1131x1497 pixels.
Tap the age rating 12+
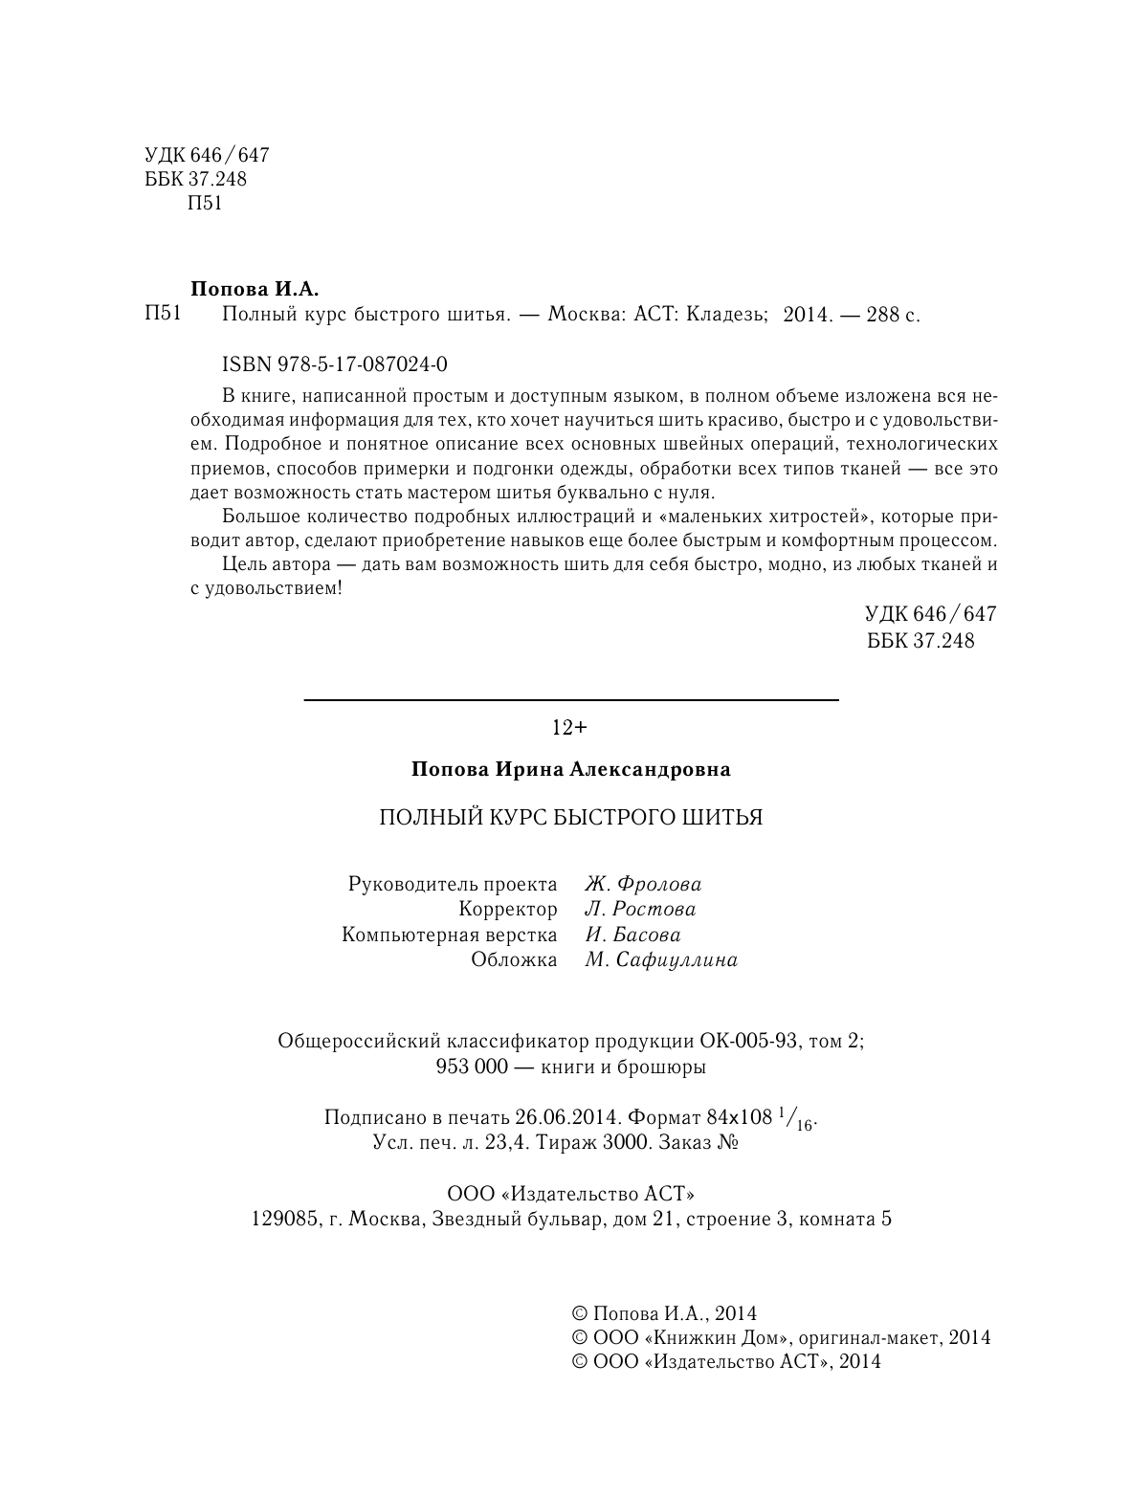tap(569, 728)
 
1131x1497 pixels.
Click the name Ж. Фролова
tap(643, 884)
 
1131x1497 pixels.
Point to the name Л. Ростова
tap(640, 909)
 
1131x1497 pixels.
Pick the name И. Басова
tap(632, 935)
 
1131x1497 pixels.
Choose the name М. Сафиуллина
tap(661, 959)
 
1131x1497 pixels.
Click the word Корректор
tap(507, 909)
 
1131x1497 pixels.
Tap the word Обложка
tap(514, 959)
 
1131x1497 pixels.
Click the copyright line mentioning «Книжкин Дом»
tap(780, 1337)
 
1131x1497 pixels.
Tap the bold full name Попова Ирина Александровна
tap(570, 769)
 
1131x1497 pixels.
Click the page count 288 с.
tap(892, 315)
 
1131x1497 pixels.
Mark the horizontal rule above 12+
tap(570, 700)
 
